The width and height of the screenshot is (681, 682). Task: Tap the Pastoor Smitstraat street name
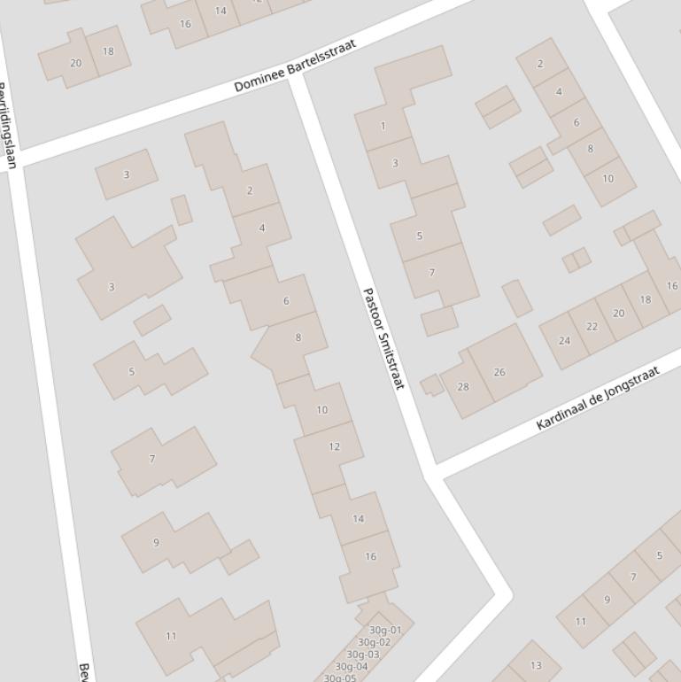click(383, 338)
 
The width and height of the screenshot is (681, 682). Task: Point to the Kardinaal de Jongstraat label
click(599, 398)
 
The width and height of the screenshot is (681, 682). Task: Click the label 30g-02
click(374, 642)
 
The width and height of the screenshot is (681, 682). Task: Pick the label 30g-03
click(362, 655)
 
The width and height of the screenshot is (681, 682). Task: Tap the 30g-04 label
click(352, 666)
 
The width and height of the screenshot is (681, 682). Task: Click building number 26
click(499, 372)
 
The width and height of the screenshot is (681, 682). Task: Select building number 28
click(463, 386)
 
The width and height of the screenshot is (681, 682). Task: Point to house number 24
click(565, 340)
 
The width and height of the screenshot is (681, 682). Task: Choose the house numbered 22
click(592, 326)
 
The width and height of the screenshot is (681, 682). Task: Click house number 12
click(334, 446)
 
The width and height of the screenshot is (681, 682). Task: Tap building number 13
click(536, 665)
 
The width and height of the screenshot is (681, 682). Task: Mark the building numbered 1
click(383, 126)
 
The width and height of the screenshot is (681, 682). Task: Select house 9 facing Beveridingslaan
click(157, 542)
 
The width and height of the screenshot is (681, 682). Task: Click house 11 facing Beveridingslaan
click(171, 635)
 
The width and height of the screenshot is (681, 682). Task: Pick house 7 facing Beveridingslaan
click(152, 459)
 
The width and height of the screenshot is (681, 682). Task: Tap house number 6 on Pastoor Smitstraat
click(286, 301)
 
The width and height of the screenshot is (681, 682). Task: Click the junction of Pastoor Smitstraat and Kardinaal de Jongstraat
click(431, 470)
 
